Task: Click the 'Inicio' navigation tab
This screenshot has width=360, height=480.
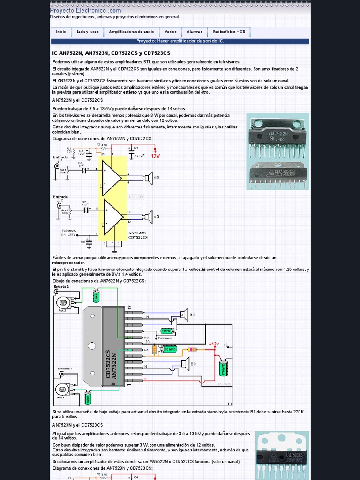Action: (x=61, y=32)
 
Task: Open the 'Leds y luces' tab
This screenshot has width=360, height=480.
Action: (x=88, y=32)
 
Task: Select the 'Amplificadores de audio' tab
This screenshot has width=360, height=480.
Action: (x=131, y=32)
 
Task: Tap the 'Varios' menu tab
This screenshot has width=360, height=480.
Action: (x=171, y=32)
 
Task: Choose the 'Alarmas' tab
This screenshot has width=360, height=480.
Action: (x=195, y=32)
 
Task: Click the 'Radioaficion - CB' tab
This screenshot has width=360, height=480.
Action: (x=229, y=32)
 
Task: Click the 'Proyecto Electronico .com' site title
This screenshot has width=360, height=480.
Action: (x=85, y=10)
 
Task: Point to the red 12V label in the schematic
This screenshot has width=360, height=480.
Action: (x=155, y=157)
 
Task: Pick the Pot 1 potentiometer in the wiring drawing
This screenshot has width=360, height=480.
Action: (x=61, y=389)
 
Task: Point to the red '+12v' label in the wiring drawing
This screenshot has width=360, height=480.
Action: (x=214, y=344)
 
